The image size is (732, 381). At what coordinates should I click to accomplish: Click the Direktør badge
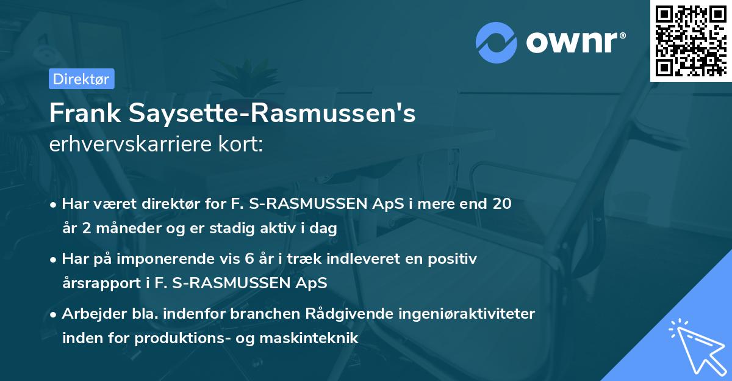point(81,79)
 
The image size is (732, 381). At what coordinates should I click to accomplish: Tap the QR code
point(691,40)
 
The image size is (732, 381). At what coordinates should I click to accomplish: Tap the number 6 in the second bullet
point(248,258)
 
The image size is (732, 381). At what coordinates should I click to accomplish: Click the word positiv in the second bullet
point(452,258)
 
